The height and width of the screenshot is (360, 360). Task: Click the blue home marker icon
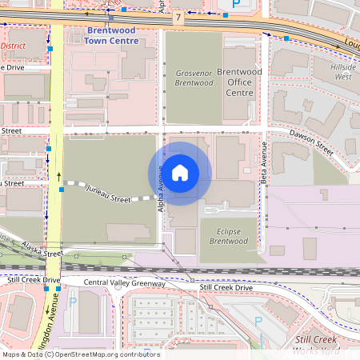point(180,173)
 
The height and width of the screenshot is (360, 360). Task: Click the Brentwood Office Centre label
point(234,82)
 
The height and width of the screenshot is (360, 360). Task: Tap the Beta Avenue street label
point(263,164)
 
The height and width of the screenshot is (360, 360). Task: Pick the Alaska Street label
point(42,250)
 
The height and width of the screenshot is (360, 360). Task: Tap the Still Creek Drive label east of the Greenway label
point(226,287)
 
